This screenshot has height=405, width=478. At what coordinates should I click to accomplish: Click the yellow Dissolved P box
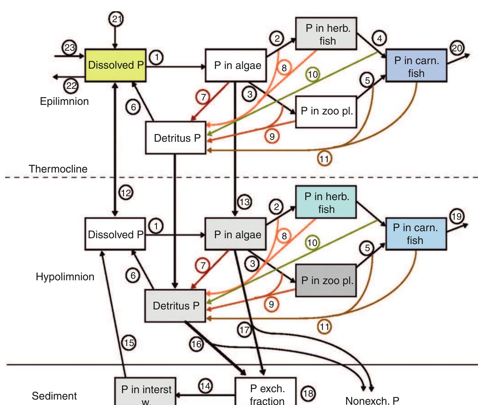pos(115,65)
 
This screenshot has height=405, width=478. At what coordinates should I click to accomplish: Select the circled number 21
pos(117,19)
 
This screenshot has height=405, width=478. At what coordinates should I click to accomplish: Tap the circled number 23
pos(70,48)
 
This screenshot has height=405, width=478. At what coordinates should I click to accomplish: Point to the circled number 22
pos(71,86)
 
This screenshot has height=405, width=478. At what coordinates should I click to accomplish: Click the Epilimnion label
pos(64,101)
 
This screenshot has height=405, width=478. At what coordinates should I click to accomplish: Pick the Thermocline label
pos(58,169)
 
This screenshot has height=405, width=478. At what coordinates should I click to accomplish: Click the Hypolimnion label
pos(65,277)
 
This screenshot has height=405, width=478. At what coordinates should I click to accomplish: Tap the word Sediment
pos(54,396)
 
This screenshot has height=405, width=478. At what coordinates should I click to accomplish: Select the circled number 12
pos(126,193)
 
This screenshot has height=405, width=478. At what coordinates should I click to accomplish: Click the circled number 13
pos(244,202)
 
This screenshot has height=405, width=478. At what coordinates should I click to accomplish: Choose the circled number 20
pos(457,48)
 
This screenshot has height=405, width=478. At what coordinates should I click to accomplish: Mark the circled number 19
pos(457,216)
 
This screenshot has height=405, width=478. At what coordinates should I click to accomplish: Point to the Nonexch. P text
pos(372,400)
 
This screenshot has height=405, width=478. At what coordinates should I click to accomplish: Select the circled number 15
pos(129,343)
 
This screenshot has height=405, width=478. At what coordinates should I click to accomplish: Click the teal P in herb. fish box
pos(326,202)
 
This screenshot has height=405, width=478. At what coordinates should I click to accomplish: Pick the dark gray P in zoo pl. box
pos(326,280)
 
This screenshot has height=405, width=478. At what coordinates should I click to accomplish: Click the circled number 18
pos(308,393)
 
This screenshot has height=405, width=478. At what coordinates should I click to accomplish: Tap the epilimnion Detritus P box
pos(176,138)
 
